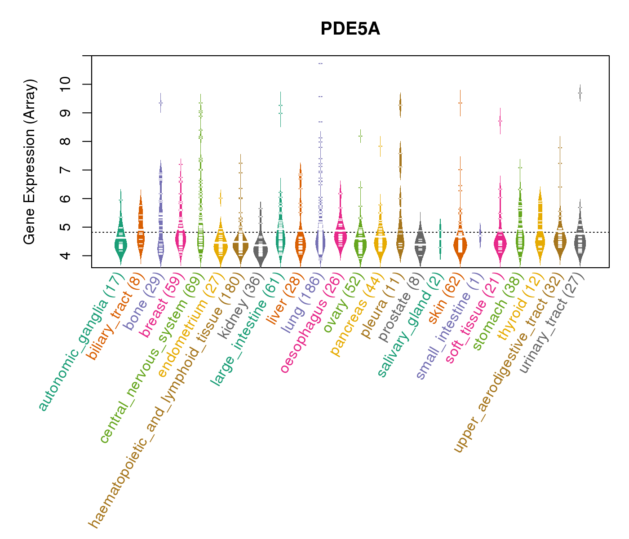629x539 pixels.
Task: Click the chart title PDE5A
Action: [x=350, y=29]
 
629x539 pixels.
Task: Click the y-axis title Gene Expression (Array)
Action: [x=29, y=162]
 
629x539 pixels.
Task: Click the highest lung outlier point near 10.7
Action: [x=320, y=63]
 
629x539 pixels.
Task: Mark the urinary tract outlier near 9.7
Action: [x=580, y=93]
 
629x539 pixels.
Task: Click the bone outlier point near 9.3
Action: [x=160, y=103]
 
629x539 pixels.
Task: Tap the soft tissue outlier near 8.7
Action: [x=500, y=121]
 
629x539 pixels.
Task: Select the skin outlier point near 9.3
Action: [x=460, y=103]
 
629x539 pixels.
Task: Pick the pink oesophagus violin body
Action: [x=340, y=234]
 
